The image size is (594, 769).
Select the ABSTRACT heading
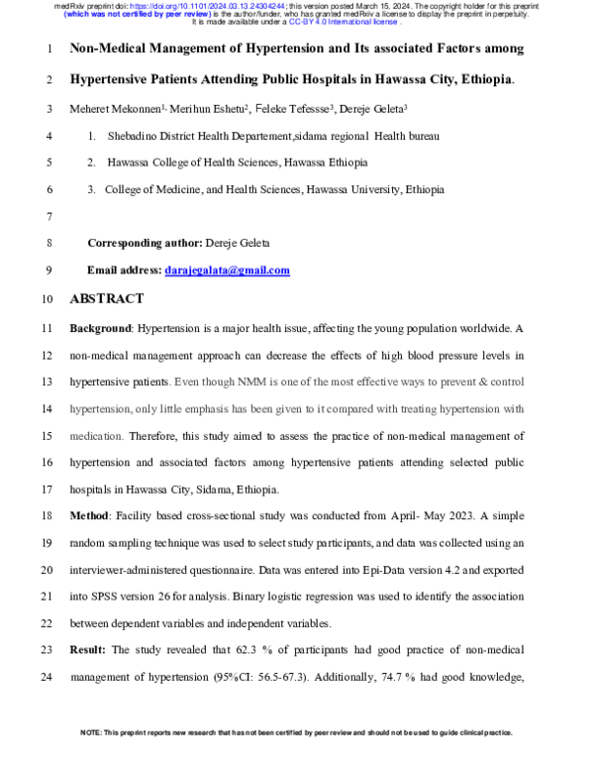click(106, 298)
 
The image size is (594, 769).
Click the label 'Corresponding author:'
click(145, 243)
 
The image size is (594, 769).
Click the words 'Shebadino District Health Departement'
click(204, 135)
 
